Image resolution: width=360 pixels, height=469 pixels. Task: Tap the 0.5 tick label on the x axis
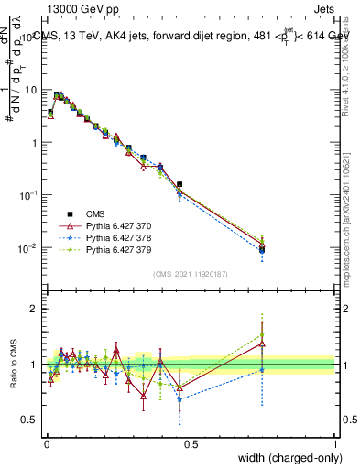(190, 444)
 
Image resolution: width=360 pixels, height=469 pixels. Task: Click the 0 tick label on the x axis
(46, 444)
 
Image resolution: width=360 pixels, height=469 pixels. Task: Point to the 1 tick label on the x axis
(334, 444)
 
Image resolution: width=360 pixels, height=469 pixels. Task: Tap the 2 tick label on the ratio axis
(36, 309)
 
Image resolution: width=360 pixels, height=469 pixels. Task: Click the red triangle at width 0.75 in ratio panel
(262, 344)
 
